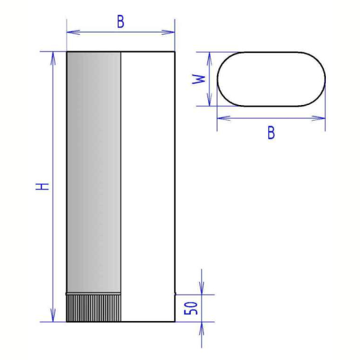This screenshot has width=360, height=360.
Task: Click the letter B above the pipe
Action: click(x=121, y=22)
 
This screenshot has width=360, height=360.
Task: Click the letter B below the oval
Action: click(x=271, y=133)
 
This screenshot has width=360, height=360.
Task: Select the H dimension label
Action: click(x=43, y=187)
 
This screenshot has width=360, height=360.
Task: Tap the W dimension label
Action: click(x=199, y=79)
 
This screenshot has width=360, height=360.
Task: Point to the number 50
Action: click(x=191, y=308)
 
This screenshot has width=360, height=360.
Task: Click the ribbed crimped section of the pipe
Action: click(x=94, y=308)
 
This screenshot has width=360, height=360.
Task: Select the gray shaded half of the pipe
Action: click(x=94, y=172)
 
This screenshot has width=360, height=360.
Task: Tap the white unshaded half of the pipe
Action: click(x=148, y=187)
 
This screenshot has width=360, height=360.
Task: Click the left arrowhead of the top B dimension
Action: click(x=73, y=32)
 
